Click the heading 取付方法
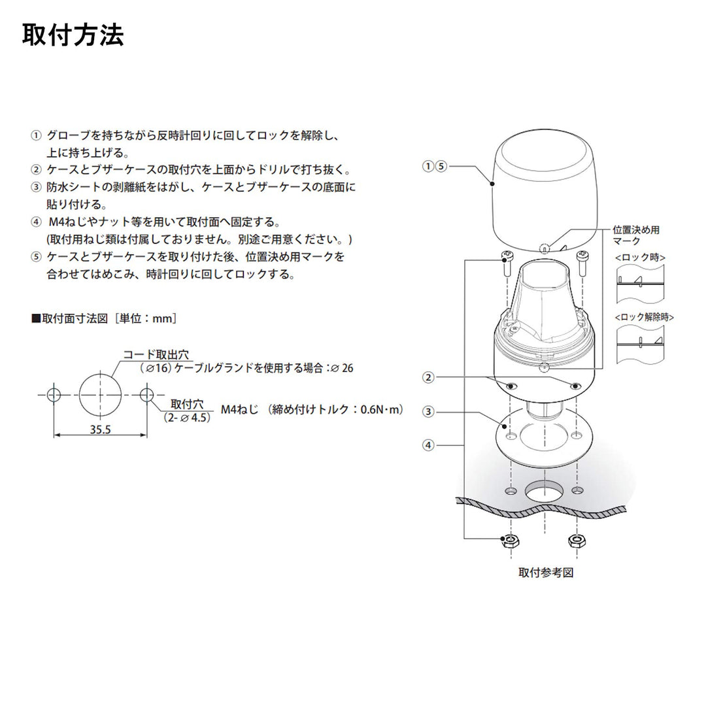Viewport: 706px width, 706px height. tap(73, 35)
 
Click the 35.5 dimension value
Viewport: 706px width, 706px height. tap(100, 429)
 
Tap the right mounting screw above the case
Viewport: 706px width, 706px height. tap(582, 264)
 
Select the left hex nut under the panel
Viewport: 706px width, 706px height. tap(509, 541)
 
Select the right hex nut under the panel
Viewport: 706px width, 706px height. tap(577, 541)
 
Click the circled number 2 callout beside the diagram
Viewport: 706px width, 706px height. tap(428, 377)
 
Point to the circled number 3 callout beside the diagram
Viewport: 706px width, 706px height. tap(428, 412)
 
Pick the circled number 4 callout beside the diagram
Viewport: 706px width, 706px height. tap(428, 445)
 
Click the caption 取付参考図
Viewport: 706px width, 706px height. tap(546, 573)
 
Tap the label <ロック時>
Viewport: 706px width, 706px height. tap(640, 258)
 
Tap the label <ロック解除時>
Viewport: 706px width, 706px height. tap(645, 317)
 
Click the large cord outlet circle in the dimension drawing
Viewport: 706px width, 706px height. tap(79, 395)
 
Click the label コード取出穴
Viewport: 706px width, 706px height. tap(156, 354)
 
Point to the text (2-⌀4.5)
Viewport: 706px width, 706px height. tap(187, 418)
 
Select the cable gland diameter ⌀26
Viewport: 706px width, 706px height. tap(342, 368)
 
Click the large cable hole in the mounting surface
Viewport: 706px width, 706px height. tap(545, 492)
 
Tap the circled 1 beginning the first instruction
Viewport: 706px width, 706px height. tap(36, 135)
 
